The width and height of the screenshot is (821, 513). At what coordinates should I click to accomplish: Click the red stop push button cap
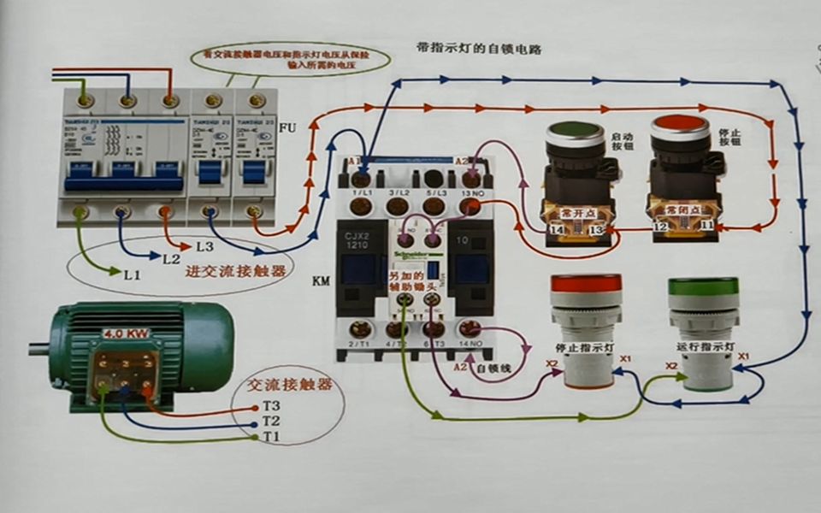pos(680,126)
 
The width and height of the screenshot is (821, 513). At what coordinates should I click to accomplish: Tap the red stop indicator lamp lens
pos(586,283)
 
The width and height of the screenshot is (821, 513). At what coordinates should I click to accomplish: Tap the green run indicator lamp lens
pos(703,286)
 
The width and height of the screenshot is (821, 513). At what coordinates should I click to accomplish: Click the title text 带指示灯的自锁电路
pos(478,49)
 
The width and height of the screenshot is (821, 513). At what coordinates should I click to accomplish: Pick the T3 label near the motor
pos(271,405)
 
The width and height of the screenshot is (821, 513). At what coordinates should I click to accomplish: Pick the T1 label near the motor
pos(271,438)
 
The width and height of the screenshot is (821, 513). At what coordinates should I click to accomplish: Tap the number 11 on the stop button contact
pos(708,226)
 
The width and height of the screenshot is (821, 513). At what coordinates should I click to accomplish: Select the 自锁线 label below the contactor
pos(494,369)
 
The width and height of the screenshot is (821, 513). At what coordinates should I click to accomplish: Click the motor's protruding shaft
pos(38,348)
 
